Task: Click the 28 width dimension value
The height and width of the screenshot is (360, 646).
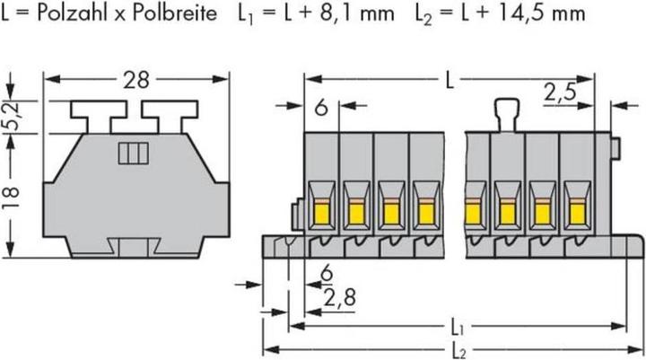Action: (x=136, y=80)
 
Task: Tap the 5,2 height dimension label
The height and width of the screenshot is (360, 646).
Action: (x=13, y=117)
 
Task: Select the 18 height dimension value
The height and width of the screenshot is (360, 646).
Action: (x=13, y=198)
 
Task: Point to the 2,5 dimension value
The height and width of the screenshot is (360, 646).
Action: (x=560, y=92)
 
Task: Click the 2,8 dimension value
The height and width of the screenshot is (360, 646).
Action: (x=339, y=298)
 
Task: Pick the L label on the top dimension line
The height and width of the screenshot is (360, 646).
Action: (x=450, y=81)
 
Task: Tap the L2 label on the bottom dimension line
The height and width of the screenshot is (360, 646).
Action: (x=458, y=351)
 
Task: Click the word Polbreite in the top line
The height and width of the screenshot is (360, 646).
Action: (x=175, y=13)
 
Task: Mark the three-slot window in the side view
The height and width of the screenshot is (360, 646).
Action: (x=133, y=153)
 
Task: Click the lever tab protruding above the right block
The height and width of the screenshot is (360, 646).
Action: (x=506, y=115)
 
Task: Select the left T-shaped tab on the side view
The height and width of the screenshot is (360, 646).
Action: (x=98, y=117)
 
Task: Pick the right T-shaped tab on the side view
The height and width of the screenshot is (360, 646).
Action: (x=170, y=117)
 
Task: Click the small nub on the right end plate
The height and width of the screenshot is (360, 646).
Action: (x=615, y=149)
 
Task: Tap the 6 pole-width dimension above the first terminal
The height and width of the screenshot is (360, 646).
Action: (x=321, y=108)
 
